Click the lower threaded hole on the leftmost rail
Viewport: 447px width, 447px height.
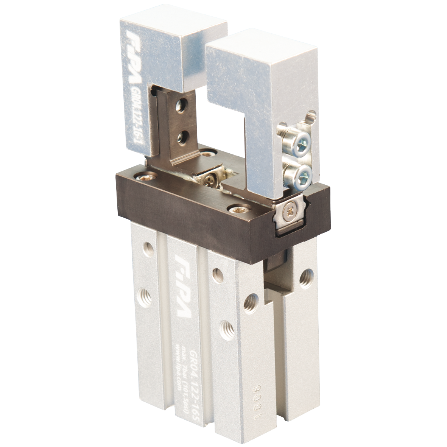[x=145, y=294]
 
